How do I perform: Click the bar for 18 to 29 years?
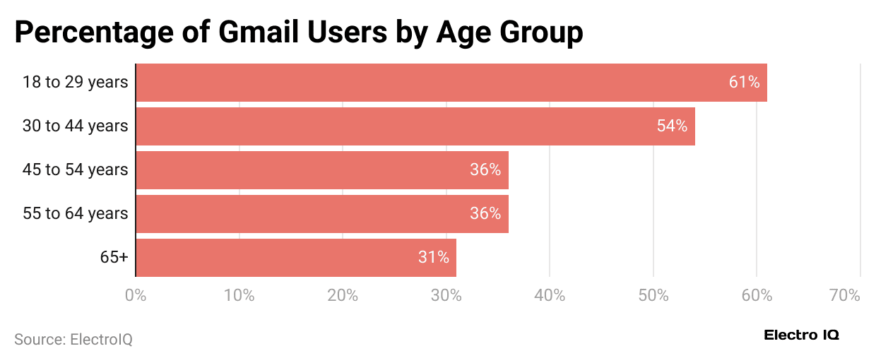(x=451, y=83)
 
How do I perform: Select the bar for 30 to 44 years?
(x=415, y=126)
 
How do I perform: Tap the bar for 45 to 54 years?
(x=321, y=170)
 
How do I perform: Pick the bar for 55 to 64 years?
(x=321, y=214)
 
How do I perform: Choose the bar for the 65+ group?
(x=295, y=258)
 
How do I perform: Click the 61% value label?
(x=744, y=83)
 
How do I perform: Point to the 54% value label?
(x=672, y=126)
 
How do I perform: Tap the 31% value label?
(x=433, y=258)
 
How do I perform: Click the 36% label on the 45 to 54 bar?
(x=485, y=170)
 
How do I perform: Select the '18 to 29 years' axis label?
(x=75, y=83)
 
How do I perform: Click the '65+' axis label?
(x=114, y=258)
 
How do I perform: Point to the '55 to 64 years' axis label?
(x=75, y=214)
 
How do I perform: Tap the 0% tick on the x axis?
(x=136, y=295)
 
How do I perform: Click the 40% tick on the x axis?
(x=550, y=295)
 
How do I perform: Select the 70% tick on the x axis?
(x=845, y=295)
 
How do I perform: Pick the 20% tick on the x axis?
(x=343, y=295)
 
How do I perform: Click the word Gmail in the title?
(x=254, y=33)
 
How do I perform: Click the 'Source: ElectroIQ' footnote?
(x=73, y=340)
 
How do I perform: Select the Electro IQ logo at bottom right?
(x=801, y=336)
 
